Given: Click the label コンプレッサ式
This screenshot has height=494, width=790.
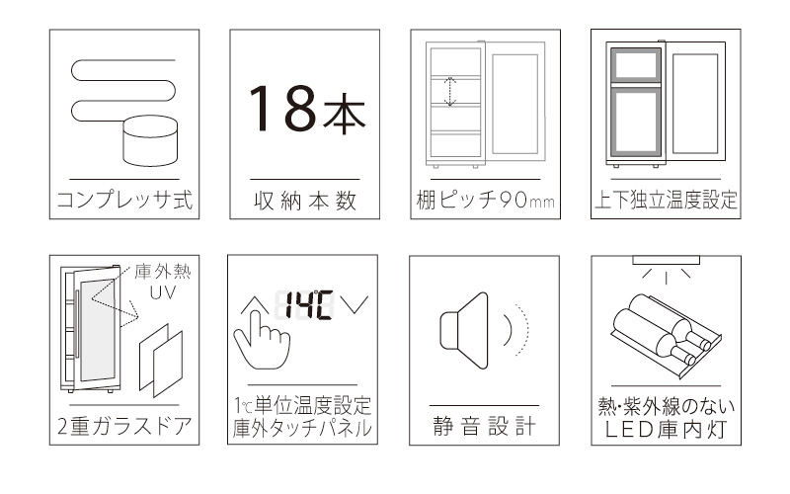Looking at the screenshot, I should click(123, 202).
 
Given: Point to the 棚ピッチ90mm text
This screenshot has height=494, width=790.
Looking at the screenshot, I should click(484, 202).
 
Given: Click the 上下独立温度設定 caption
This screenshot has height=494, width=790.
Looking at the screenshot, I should click(665, 202).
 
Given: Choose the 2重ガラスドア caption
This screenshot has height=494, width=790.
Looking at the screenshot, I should click(123, 428).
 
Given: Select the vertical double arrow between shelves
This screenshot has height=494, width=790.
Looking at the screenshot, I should click(448, 92).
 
